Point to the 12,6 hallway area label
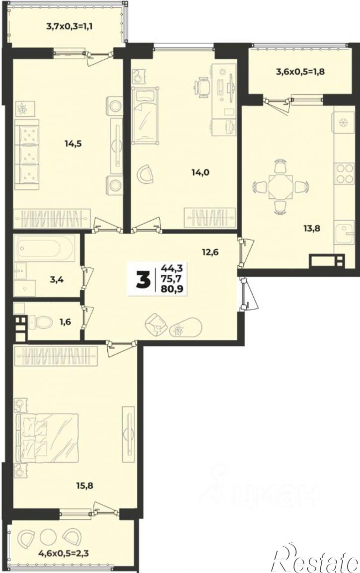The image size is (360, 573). (x=211, y=252)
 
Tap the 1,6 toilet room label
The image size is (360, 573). (x=66, y=322)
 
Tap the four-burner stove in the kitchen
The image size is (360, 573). (x=345, y=174)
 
